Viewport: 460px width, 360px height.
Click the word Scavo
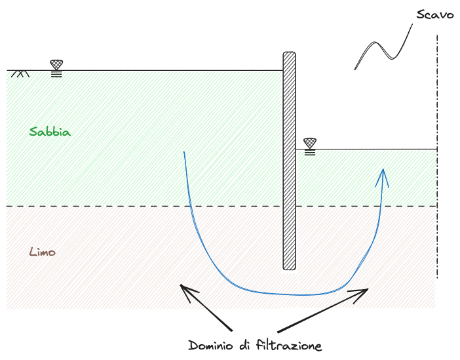coord(435,14)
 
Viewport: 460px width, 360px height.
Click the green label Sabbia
coord(50,131)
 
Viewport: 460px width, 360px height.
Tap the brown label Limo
coord(43,252)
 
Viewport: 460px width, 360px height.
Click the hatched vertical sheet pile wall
coord(289,161)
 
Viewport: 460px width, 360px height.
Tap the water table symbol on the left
coord(57,67)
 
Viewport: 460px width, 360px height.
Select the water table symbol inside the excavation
coord(310,146)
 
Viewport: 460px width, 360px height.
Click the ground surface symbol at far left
coord(20,73)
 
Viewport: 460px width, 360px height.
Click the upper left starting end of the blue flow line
coord(184,152)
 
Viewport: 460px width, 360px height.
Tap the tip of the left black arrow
coord(181,286)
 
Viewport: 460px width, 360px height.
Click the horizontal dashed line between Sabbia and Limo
coord(131,207)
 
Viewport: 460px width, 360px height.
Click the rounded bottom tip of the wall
coord(289,268)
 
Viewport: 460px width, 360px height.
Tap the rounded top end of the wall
coord(289,53)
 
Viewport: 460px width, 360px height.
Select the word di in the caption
coord(246,345)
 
